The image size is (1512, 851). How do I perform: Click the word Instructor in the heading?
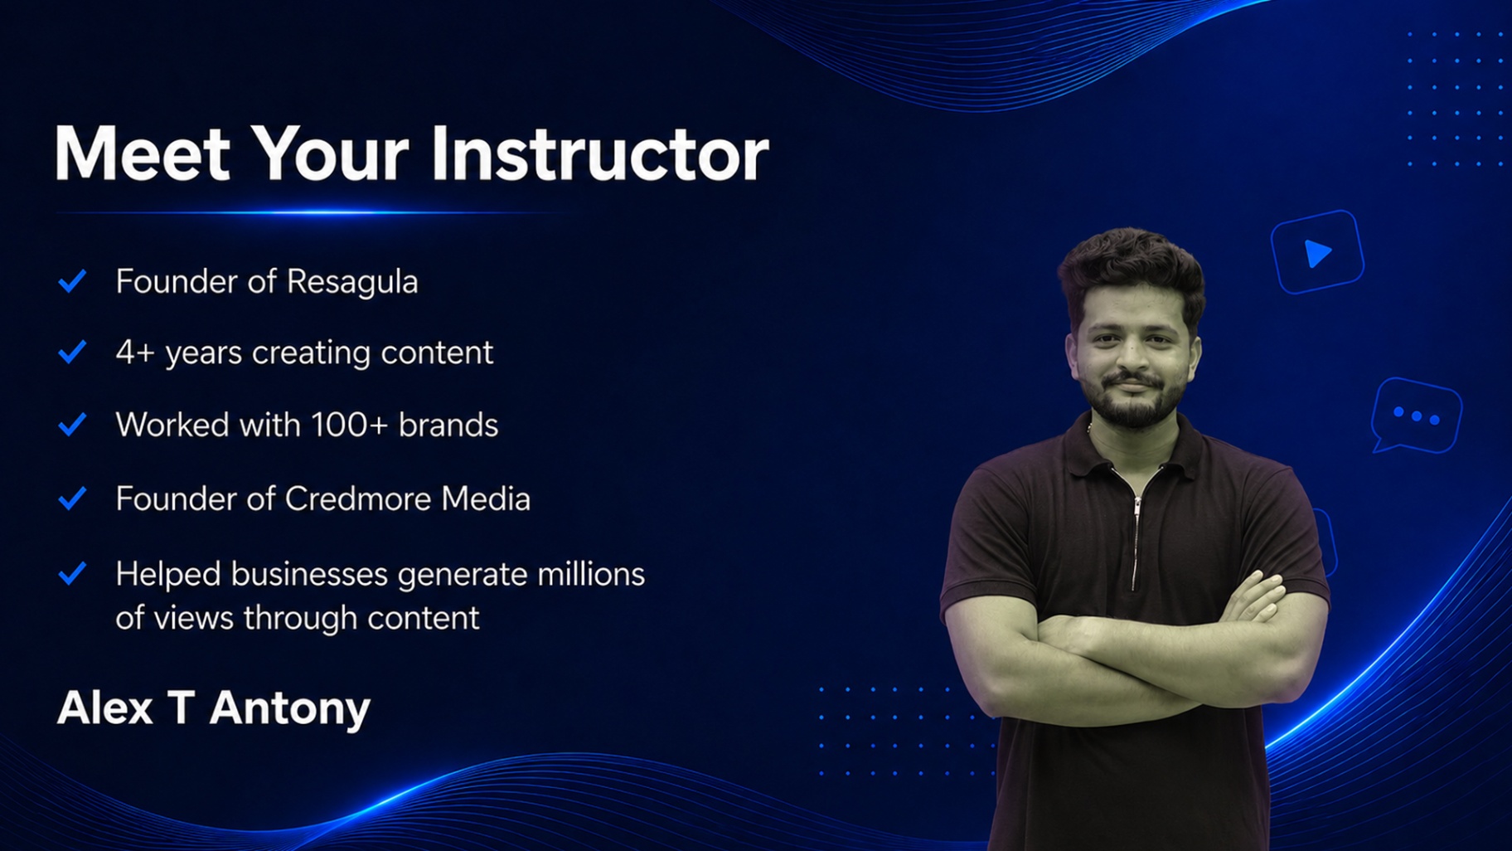coord(600,153)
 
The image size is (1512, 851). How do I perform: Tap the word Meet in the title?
coord(142,153)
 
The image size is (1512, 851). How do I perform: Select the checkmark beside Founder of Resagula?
coord(73,281)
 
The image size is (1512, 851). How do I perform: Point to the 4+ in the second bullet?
coord(135,353)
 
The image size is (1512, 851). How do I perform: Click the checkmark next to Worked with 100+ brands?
coord(73,425)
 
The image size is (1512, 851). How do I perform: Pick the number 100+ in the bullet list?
coord(349,425)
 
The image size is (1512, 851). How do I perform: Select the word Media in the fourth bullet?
coord(486,498)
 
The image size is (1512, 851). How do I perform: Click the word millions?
coord(591,574)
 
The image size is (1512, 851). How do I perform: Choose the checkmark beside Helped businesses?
coord(73,573)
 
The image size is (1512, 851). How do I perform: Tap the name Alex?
coord(105,708)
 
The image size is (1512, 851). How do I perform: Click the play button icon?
coord(1317,252)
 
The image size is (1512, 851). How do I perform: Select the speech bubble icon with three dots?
coord(1417,415)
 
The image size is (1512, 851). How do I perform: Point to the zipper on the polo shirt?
coord(1136,539)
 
